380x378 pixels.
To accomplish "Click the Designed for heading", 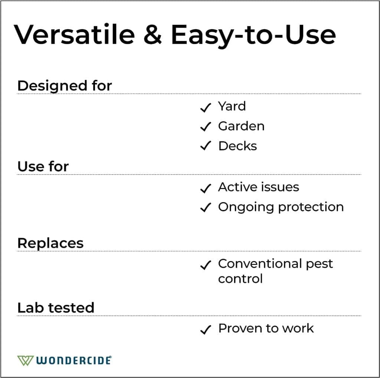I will (65, 86).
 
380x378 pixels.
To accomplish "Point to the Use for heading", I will (43, 166).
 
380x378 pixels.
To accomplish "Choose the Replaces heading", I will (50, 243).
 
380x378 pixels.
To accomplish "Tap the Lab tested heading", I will (56, 308).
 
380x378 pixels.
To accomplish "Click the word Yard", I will (232, 106).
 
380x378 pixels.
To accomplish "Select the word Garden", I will (241, 126).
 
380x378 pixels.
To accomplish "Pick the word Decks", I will (237, 146).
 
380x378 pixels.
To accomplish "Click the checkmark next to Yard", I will (205, 107).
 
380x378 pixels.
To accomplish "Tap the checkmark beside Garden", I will (205, 127).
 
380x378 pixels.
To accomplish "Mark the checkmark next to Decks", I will (205, 146).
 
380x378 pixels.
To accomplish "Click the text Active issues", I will (258, 187).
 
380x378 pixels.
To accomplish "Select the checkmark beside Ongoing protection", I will (205, 208).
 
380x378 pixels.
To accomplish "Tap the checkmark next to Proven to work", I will (205, 329).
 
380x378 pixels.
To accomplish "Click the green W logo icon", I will (25, 360).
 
